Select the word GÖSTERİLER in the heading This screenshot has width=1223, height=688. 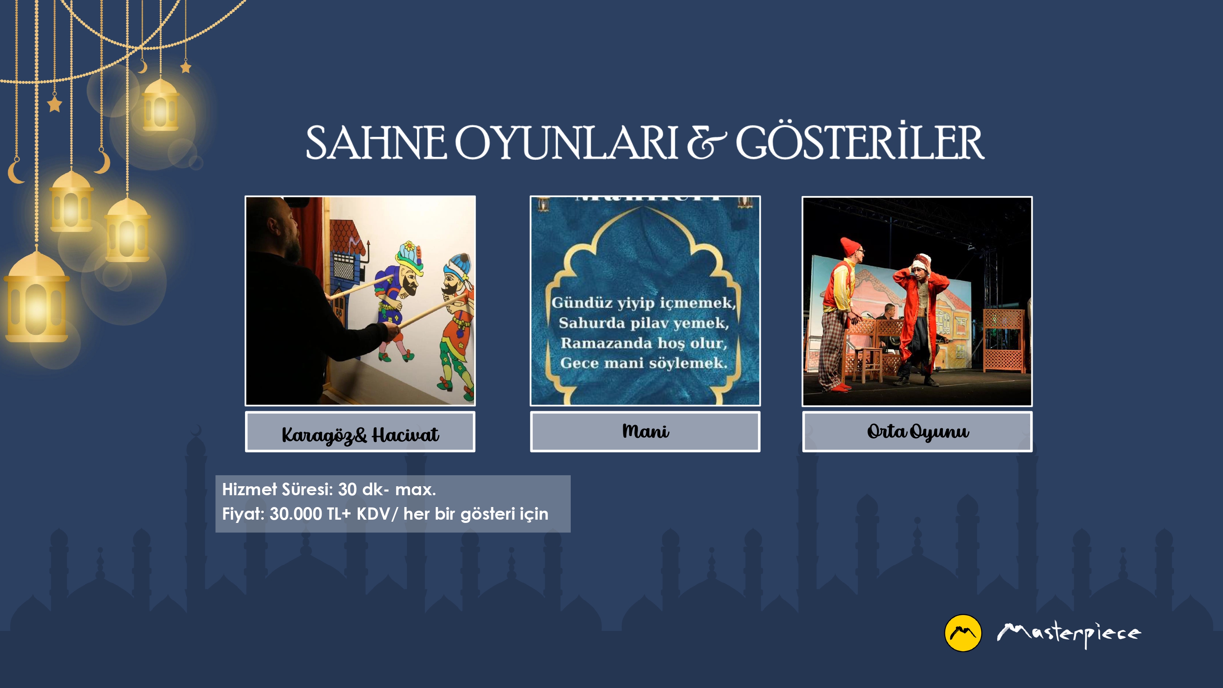tap(860, 141)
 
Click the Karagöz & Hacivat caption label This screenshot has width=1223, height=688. tap(360, 432)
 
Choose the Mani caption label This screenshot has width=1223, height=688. tap(645, 432)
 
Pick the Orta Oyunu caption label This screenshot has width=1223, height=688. tap(917, 432)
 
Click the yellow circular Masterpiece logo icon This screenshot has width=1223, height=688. tap(963, 633)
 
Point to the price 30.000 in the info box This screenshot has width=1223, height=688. tap(295, 514)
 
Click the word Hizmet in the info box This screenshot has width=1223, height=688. tap(249, 489)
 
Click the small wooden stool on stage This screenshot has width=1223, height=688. tap(870, 364)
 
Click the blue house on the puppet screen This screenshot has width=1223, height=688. tap(347, 266)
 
